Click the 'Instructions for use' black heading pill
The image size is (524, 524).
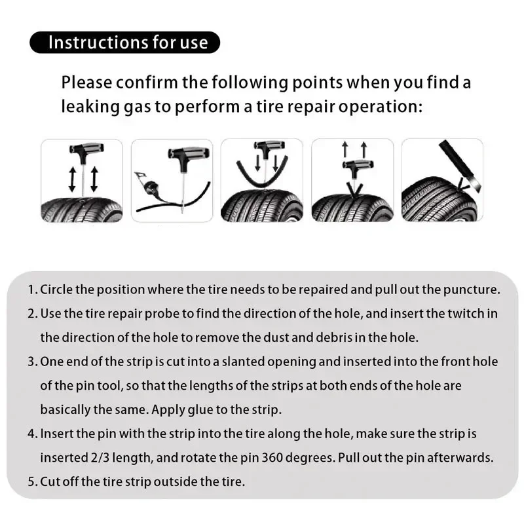pos(124,43)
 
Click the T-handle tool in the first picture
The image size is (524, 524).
pos(82,155)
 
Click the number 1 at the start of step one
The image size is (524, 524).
pos(31,290)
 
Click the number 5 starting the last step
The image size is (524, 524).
pos(31,482)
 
